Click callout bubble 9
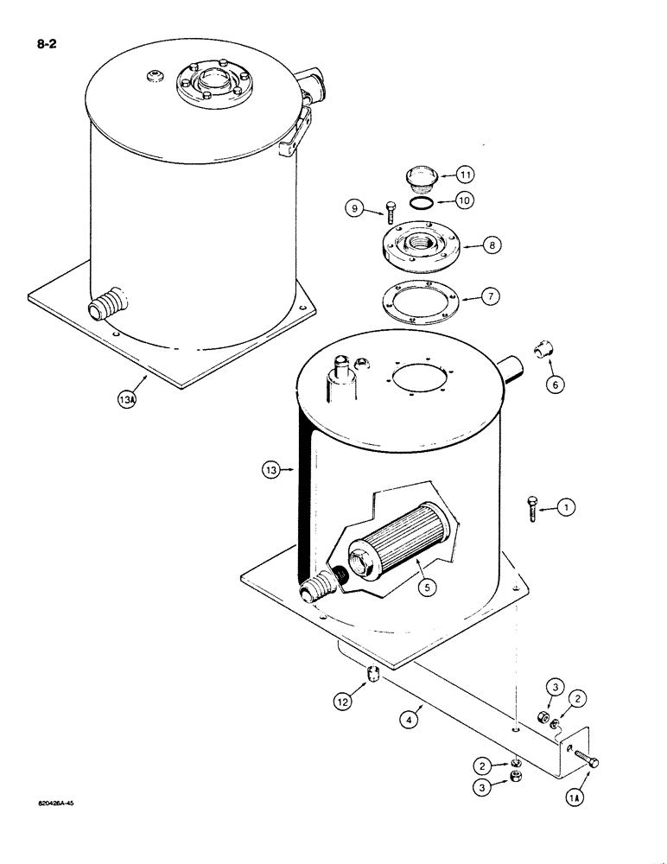coord(354,207)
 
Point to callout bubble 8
coord(492,246)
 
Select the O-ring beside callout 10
coord(421,203)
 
